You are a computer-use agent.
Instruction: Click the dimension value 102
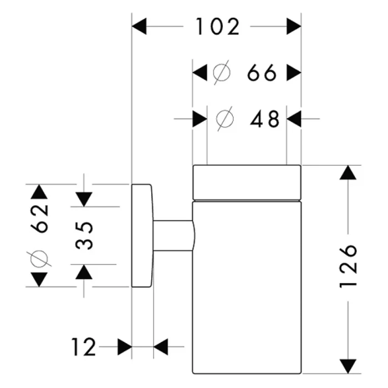coord(217,26)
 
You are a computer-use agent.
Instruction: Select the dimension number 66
coord(262,73)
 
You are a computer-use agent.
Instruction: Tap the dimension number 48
coord(265,118)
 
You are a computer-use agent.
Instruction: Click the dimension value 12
coord(84,348)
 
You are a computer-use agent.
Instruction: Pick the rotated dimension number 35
coord(83,236)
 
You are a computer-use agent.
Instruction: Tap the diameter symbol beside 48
coord(226,118)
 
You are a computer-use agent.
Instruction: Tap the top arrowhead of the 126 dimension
coord(348,173)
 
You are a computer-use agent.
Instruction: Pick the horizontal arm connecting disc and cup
coord(173,236)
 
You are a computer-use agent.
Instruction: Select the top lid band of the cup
coord(247,181)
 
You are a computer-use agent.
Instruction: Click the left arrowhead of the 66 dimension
coord(200,73)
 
